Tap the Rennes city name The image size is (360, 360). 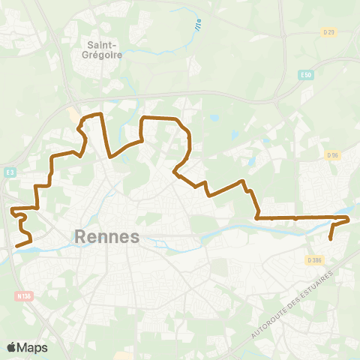pos(108,237)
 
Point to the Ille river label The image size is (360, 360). pos(198,25)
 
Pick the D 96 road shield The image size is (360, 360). pos(334,154)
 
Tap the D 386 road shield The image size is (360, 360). pos(313,259)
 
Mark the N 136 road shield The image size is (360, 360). pos(22,296)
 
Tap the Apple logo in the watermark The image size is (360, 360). pos(12,347)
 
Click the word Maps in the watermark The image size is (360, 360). pos(33,347)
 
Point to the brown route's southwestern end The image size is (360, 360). pos(16,245)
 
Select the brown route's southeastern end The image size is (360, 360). pos(331,239)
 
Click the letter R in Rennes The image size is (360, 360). pos(82,237)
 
